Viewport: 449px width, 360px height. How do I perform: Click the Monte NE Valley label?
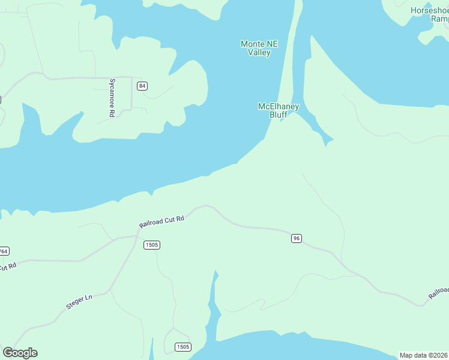pos(259,48)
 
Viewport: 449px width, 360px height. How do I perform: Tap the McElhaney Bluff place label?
pos(278,110)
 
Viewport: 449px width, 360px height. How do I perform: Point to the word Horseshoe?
pos(429,11)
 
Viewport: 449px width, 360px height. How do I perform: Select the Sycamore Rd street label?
pos(112,97)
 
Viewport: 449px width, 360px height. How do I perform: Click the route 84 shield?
pos(142,86)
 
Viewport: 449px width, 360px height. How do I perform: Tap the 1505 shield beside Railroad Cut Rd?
pos(152,245)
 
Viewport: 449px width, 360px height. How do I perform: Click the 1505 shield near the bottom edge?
pos(183,347)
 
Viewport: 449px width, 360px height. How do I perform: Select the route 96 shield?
pos(296,238)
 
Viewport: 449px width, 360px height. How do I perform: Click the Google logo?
pos(20,353)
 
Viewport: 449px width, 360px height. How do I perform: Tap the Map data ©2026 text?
pos(424,355)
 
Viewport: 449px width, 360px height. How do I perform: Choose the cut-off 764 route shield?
pos(4,251)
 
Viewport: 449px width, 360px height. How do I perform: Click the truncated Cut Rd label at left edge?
pos(7,266)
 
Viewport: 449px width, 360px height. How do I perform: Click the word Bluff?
pos(278,115)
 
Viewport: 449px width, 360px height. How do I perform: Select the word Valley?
pos(259,52)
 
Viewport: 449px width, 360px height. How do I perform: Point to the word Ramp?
pos(439,19)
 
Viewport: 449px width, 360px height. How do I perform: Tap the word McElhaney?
pos(278,106)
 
